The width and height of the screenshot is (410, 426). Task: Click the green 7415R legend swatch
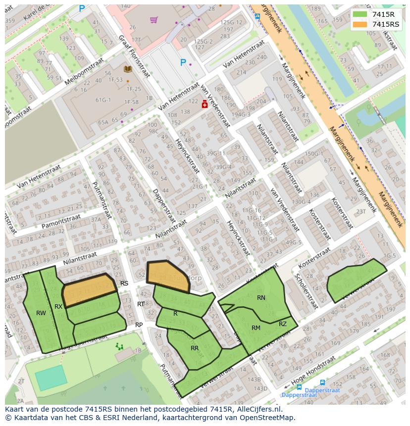361,14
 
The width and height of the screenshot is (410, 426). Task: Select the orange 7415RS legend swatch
361,24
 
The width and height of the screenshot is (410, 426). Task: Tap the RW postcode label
41,313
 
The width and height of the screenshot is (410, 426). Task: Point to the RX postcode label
58,307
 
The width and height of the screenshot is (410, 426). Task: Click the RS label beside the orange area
124,284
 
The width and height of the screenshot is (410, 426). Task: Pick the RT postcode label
141,304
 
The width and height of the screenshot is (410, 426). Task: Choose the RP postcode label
139,325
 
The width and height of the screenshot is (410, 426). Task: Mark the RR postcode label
195,348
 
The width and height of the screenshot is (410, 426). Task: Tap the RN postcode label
261,298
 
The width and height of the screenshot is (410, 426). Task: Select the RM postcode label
256,328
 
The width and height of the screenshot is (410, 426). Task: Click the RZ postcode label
283,324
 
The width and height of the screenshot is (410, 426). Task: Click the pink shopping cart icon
154,20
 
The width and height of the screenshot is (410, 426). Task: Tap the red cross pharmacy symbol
205,104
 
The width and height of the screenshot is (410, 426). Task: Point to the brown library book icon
128,69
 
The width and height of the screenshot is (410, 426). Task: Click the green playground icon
119,346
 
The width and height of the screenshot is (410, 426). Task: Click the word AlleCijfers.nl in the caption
257,409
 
